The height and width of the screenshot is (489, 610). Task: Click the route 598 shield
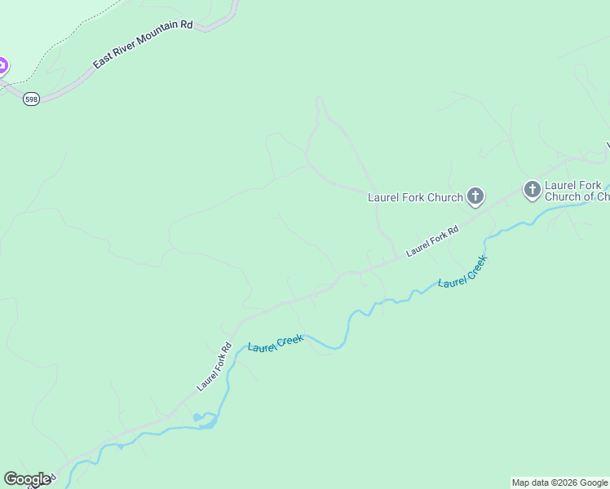pos(31,99)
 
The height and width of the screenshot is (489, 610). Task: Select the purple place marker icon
pos(2,66)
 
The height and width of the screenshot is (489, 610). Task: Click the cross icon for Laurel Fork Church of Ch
pos(532,191)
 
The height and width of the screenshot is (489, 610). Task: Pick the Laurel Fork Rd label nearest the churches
pos(432,241)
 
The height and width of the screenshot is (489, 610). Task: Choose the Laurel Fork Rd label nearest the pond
pos(214,365)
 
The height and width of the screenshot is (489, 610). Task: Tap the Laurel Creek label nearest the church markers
pos(462,271)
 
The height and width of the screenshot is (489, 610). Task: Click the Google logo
pos(27,479)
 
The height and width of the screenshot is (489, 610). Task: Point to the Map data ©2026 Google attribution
pos(559,482)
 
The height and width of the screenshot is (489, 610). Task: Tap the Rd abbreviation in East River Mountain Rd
pos(187,25)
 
